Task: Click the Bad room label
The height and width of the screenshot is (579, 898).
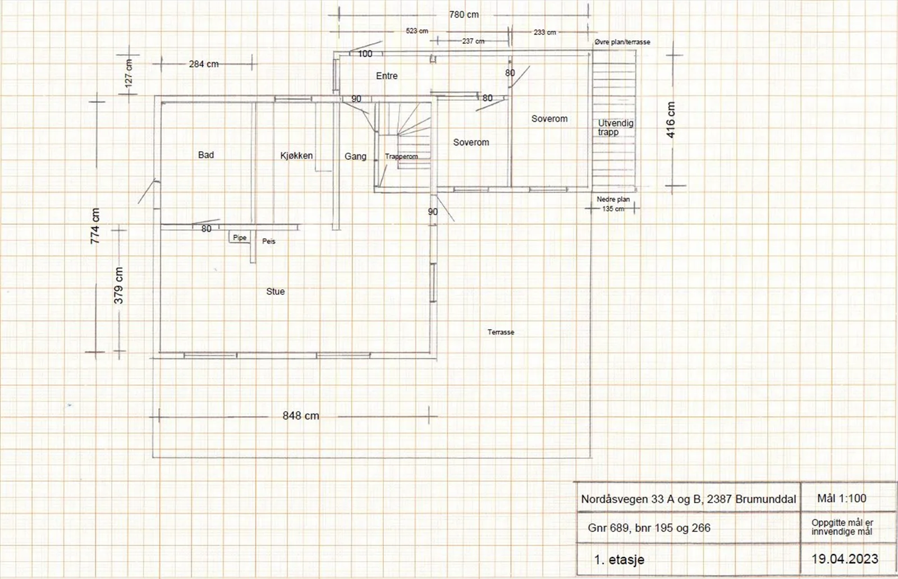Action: point(206,155)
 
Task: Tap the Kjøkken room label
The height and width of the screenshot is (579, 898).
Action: point(296,156)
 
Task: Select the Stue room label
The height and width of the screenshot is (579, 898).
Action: point(276,291)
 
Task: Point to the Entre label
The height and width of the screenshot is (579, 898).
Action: point(387,76)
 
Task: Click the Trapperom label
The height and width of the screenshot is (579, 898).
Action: point(401,157)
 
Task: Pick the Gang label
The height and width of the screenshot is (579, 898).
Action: point(356,157)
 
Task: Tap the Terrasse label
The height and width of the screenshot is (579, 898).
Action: point(501,332)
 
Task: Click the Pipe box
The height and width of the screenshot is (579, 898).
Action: point(240,237)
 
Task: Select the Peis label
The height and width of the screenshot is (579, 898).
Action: point(269,241)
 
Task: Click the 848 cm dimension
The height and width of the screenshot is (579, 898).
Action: point(301,416)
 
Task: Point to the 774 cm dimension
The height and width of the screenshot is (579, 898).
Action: point(95,226)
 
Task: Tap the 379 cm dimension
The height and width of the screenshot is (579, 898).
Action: point(118,285)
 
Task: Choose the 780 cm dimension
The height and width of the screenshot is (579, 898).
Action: point(464,15)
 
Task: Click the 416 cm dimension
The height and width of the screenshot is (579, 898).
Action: point(671,120)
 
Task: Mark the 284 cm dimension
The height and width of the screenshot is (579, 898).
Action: point(204,64)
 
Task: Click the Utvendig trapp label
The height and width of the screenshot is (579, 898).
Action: point(615,127)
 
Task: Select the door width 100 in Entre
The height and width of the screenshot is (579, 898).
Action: point(365,54)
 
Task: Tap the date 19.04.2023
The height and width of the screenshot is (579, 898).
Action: point(845,559)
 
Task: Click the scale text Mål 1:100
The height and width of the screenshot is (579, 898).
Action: point(842,498)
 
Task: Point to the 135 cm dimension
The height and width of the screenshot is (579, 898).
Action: point(613,209)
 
